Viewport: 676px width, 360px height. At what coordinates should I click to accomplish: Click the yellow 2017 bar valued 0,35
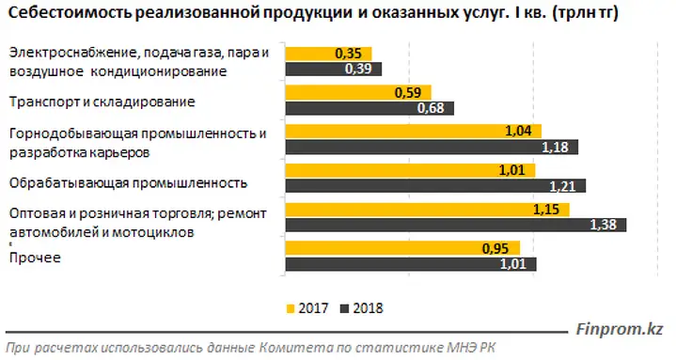[328, 54]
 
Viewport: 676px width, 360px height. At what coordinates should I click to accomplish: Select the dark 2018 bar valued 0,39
[334, 69]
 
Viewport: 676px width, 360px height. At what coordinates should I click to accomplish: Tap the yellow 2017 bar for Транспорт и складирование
[358, 93]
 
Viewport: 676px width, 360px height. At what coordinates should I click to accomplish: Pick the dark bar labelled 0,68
[369, 108]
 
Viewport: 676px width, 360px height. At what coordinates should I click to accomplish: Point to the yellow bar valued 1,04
[414, 131]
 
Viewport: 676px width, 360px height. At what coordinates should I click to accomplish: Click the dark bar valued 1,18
[432, 147]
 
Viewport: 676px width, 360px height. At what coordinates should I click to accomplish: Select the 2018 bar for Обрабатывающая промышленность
[435, 186]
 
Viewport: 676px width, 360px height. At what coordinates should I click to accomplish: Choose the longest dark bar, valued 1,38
[456, 225]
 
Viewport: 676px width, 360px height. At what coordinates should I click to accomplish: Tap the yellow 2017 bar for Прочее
[402, 248]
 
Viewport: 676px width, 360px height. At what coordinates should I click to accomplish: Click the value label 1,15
[546, 210]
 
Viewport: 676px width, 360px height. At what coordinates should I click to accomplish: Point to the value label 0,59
[408, 93]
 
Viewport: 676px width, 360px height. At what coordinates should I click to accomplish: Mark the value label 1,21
[562, 186]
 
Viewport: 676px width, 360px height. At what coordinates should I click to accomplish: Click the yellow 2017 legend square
[291, 308]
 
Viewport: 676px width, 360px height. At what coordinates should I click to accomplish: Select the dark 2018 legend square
[344, 308]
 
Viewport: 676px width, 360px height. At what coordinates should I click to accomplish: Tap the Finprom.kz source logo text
[620, 329]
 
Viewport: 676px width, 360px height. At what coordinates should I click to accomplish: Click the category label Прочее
[35, 258]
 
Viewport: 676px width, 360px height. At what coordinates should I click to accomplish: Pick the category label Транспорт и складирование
[102, 102]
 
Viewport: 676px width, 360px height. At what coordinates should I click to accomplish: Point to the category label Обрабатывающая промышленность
[129, 183]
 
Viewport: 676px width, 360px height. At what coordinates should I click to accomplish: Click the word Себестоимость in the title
[70, 13]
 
